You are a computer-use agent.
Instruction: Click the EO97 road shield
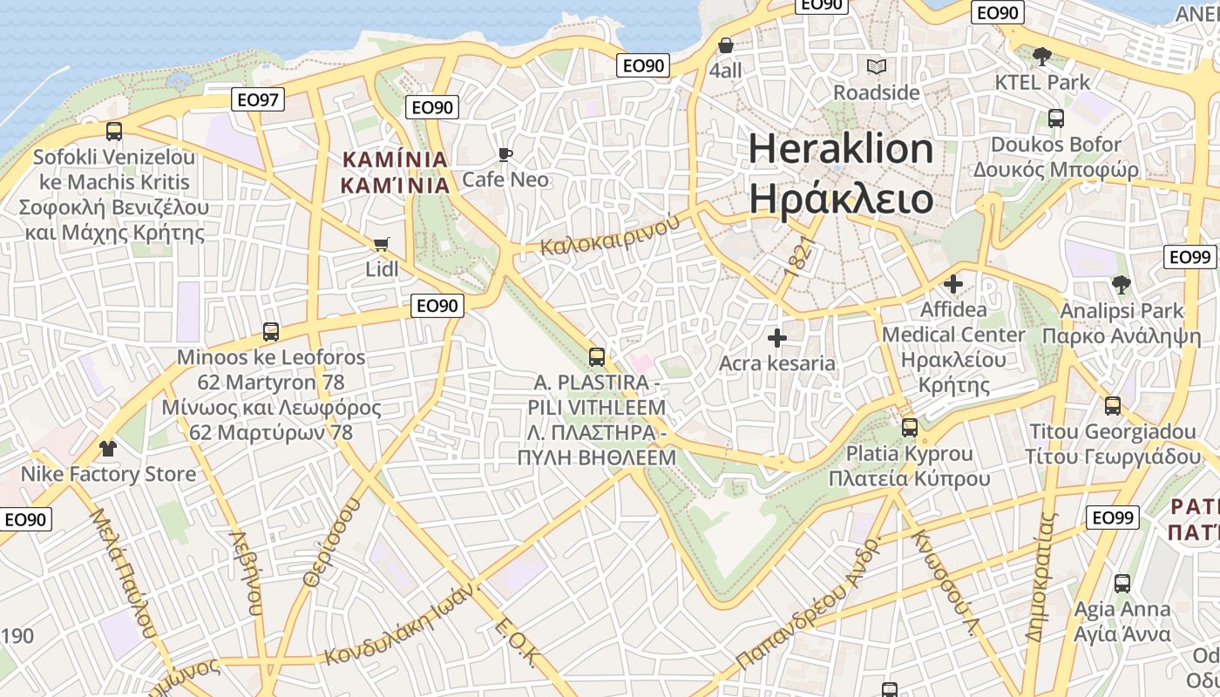pos(259,99)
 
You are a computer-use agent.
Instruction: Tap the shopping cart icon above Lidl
pos(381,245)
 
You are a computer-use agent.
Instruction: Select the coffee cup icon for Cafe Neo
pos(505,155)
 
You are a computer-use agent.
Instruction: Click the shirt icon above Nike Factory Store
pos(108,449)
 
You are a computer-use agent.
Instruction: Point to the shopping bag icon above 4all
pos(725,45)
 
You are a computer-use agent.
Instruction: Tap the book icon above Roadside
pos(876,66)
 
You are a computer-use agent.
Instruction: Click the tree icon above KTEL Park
pos(1040,57)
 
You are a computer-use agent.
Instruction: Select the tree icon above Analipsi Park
pos(1121,284)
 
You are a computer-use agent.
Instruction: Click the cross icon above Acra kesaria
pos(777,338)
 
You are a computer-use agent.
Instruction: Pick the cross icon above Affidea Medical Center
pos(953,284)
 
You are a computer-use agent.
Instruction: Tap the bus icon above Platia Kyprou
pos(910,428)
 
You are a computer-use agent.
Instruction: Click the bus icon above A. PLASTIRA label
pos(597,356)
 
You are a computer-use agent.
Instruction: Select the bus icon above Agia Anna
pos(1122,584)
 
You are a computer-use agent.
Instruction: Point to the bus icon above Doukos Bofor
pos(1056,118)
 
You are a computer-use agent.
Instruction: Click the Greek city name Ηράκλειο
pos(841,200)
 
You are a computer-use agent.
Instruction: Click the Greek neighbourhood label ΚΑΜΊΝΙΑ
pos(396,185)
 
